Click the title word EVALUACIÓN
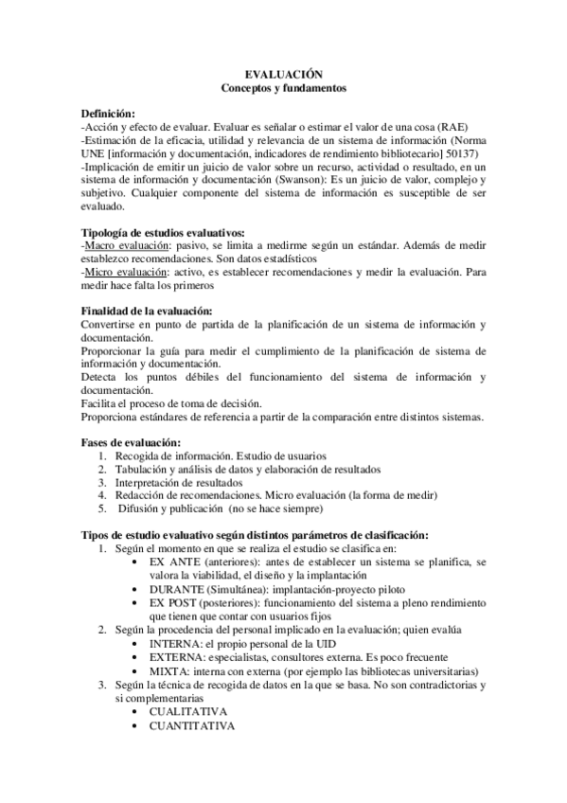[283, 74]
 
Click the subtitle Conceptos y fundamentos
[283, 88]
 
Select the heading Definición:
[108, 113]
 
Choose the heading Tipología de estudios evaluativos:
[163, 232]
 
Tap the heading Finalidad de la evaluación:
[147, 312]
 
